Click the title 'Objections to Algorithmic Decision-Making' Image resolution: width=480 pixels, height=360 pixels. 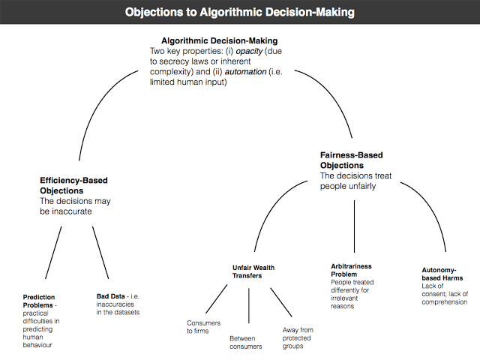click(239, 12)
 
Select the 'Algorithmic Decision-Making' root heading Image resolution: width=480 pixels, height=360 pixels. click(220, 40)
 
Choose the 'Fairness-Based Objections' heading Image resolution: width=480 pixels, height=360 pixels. click(352, 160)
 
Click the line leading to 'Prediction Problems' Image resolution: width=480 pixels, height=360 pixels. click(54, 253)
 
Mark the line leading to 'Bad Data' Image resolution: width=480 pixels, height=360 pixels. click(101, 253)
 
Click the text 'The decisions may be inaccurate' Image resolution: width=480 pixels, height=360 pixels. click(76, 207)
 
